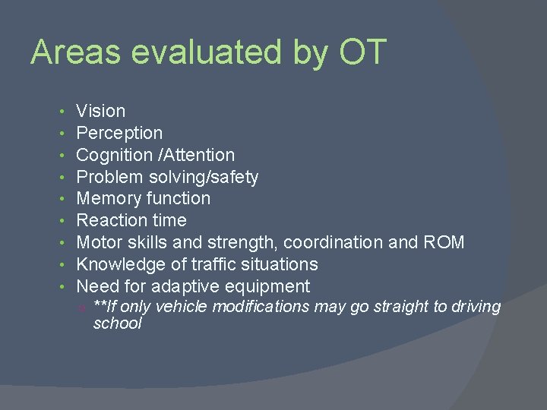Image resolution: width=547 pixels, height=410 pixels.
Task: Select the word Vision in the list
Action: pos(101,111)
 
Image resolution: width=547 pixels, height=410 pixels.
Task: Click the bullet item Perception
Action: pos(119,133)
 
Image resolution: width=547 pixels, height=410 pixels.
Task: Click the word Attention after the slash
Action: pos(199,155)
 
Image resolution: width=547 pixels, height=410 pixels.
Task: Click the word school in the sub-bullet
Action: pos(117,323)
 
